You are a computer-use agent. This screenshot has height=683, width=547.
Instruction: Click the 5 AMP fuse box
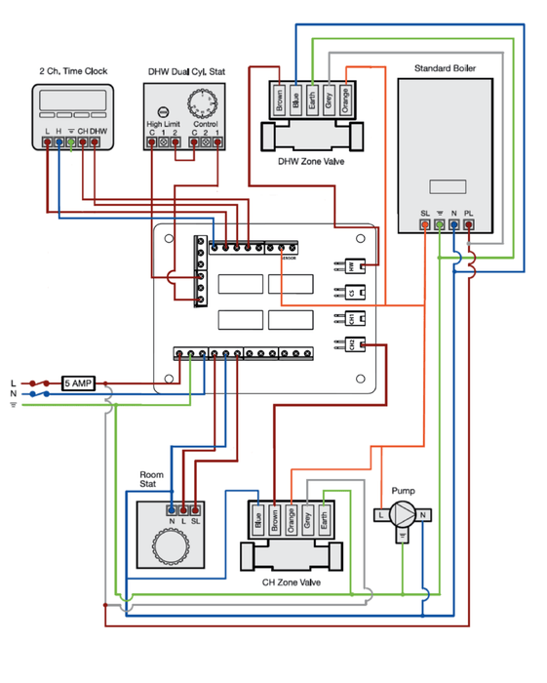(x=78, y=383)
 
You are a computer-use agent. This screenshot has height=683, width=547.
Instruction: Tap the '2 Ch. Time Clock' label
(x=73, y=71)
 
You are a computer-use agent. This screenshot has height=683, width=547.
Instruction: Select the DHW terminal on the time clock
(x=97, y=142)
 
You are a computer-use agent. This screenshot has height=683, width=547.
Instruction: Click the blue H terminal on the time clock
(x=59, y=142)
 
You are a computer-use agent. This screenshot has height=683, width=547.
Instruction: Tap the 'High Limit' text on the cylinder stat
(x=162, y=125)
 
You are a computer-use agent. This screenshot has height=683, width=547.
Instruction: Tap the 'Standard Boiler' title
(x=445, y=68)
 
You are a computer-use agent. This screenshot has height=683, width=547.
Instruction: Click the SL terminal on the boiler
(x=424, y=224)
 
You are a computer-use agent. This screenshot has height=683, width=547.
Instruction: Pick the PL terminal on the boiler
(x=469, y=224)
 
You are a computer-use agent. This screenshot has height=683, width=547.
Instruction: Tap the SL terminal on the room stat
(x=196, y=508)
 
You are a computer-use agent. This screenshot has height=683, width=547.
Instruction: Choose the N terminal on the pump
(x=424, y=514)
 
